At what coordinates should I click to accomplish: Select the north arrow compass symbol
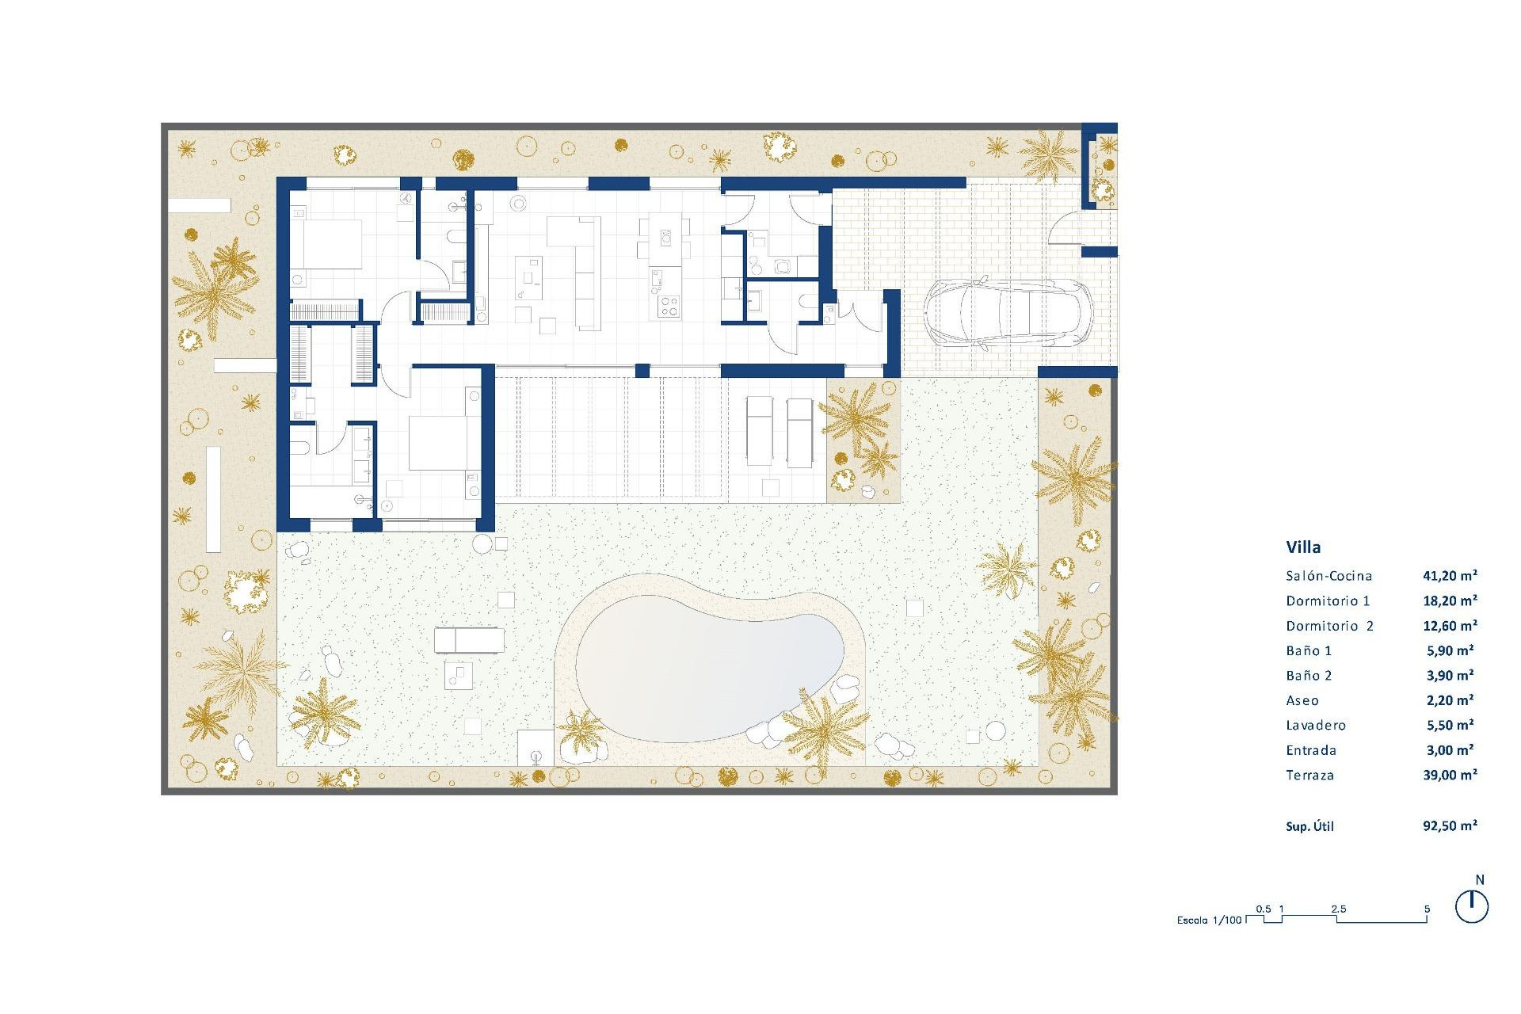click(x=1472, y=906)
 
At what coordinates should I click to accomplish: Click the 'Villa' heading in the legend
click(x=1303, y=547)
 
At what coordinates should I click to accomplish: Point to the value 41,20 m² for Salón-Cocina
click(x=1450, y=576)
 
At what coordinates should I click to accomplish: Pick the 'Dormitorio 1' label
click(x=1328, y=601)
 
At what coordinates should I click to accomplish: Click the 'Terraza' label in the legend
click(x=1309, y=776)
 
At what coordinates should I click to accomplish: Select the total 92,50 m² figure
click(x=1450, y=826)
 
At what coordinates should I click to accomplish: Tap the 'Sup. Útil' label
click(x=1309, y=827)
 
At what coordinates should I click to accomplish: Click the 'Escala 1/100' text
click(x=1209, y=921)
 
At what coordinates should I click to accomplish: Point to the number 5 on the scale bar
click(x=1427, y=909)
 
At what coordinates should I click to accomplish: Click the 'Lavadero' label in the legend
click(x=1315, y=726)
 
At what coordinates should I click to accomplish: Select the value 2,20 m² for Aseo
click(x=1450, y=700)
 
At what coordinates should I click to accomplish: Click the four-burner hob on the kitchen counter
click(x=669, y=306)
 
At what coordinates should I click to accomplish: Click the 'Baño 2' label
click(x=1309, y=676)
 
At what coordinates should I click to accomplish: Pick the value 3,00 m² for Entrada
click(x=1450, y=750)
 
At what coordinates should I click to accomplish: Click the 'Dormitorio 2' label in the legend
click(x=1329, y=626)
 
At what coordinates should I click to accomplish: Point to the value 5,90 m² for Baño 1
click(x=1450, y=651)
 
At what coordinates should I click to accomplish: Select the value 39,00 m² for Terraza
click(x=1450, y=776)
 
